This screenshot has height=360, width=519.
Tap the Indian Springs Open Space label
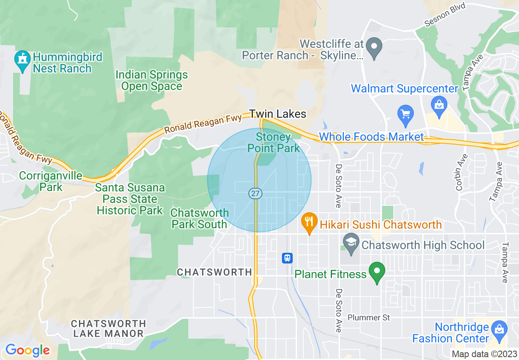tap(152, 81)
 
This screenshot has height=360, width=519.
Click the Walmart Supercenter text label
tap(404, 88)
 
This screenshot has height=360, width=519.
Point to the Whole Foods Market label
tap(371, 137)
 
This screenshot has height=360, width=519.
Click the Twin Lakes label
tap(278, 114)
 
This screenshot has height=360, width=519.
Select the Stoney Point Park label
tap(274, 142)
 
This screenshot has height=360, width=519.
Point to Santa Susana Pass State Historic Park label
tap(130, 199)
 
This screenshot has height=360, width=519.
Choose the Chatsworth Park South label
tap(199, 218)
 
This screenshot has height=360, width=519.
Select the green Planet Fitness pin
tap(377, 272)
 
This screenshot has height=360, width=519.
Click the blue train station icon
tap(287, 258)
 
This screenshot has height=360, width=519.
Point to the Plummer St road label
tap(369, 317)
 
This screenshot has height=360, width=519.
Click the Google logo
tap(27, 350)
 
